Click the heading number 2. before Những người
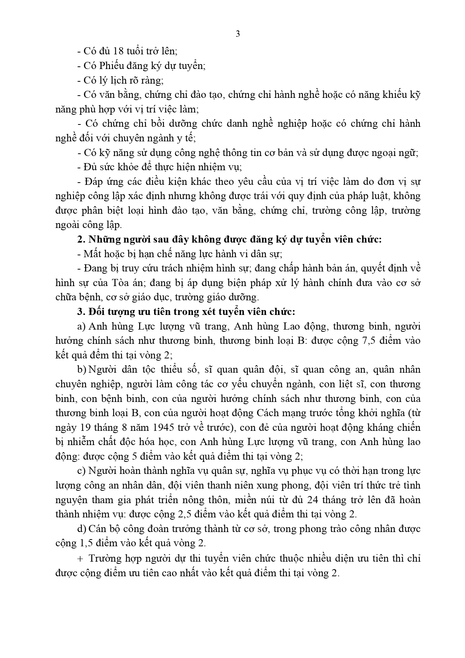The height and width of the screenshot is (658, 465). coord(80,240)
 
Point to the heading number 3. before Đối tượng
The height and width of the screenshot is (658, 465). coord(80,312)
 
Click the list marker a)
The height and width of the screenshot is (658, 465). coord(81,327)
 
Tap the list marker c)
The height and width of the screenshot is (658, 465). coord(81,471)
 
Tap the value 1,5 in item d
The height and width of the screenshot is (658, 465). coord(80,543)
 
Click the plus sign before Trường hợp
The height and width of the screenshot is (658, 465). coord(80,558)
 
